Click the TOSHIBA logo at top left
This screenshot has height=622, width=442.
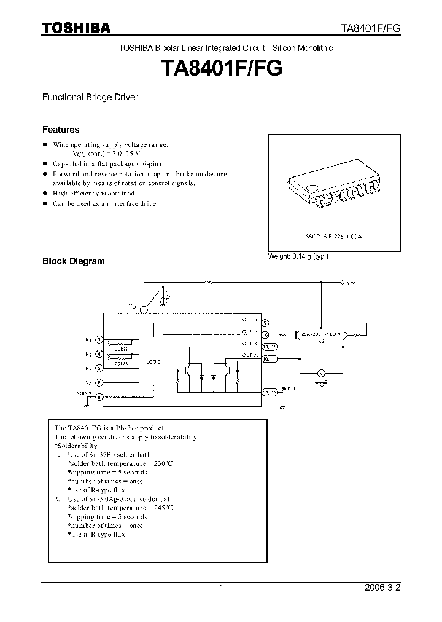[76, 28]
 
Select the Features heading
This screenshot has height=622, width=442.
[60, 130]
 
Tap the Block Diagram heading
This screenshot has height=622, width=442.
[73, 261]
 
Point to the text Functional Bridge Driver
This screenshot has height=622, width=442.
[90, 97]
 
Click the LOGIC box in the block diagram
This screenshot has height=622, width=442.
[153, 362]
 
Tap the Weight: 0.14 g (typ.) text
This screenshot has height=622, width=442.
[298, 256]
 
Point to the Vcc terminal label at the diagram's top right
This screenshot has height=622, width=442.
[351, 283]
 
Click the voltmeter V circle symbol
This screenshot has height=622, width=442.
[319, 372]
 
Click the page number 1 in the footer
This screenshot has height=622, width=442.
[221, 588]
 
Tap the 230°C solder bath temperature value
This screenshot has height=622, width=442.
[163, 463]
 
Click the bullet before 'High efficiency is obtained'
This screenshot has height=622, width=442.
[45, 192]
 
